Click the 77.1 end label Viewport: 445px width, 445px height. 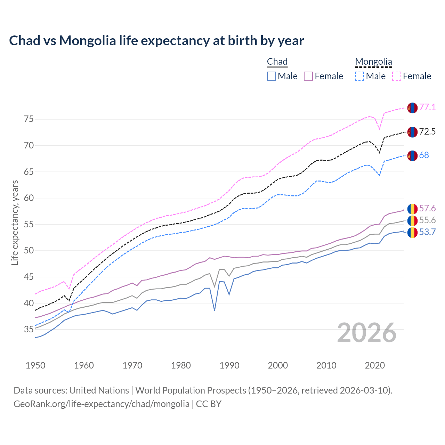427,107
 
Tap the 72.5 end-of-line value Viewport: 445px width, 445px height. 427,131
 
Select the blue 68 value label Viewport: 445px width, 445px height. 424,155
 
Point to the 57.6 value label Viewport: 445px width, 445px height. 427,208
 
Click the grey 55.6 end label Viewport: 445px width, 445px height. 427,220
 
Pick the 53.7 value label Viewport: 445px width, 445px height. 427,232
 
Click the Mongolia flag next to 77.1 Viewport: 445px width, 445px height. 412,108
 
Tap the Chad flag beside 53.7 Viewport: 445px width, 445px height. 412,233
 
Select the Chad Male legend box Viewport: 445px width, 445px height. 272,76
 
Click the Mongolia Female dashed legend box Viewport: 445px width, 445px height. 397,76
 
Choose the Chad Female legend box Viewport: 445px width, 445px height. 308,76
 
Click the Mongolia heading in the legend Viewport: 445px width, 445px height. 373,62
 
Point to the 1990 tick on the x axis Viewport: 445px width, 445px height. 229,365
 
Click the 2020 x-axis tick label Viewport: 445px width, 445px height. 375,365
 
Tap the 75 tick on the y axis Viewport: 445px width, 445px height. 29,119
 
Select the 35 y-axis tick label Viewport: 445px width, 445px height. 29,329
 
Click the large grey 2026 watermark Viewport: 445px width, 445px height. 367,333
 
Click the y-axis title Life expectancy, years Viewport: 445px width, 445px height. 15,222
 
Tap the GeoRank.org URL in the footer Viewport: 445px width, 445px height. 102,404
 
